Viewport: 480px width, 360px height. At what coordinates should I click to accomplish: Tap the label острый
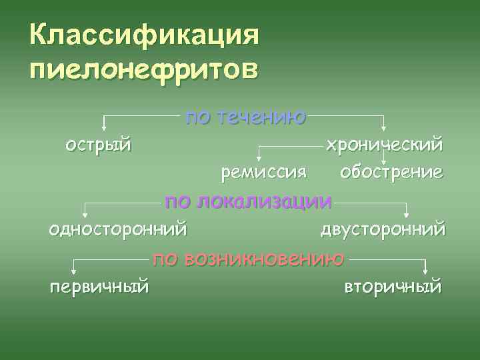tap(98, 144)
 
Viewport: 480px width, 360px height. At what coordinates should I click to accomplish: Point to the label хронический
tap(383, 144)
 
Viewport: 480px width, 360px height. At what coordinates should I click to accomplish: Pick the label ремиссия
tap(264, 172)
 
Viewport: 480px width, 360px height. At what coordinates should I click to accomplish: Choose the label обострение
tap(391, 172)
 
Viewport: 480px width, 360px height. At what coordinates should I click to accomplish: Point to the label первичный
tap(99, 287)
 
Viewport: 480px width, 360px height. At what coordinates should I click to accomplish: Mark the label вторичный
tap(393, 287)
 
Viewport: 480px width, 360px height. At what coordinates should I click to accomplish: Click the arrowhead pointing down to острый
tap(103, 125)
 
